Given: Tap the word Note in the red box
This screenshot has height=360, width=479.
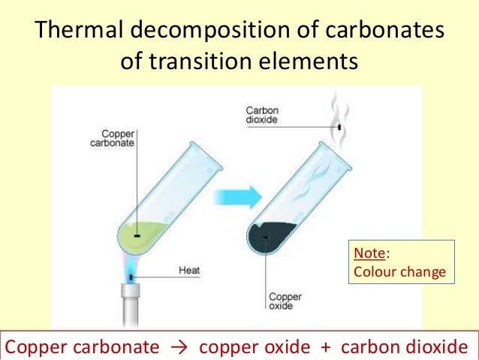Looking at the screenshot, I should [366, 256].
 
